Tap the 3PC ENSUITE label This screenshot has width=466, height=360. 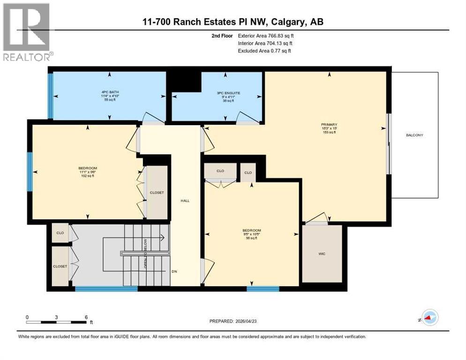coord(228,93)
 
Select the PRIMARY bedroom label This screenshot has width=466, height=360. coord(329,125)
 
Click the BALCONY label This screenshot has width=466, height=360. coord(414,135)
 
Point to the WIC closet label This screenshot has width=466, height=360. coord(322,254)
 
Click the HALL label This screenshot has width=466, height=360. coord(185,201)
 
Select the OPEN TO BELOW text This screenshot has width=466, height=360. coord(145,254)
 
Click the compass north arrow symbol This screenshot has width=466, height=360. coord(429,317)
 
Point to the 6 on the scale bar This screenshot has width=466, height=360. coord(86,317)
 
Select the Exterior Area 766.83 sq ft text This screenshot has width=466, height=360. coord(266,36)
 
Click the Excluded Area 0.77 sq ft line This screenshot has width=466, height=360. coord(264,51)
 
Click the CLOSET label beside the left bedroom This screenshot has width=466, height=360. coord(156,193)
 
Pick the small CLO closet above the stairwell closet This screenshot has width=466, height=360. coord(60,233)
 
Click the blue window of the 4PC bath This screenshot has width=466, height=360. coord(51,96)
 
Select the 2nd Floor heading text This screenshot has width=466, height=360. coord(223,36)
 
